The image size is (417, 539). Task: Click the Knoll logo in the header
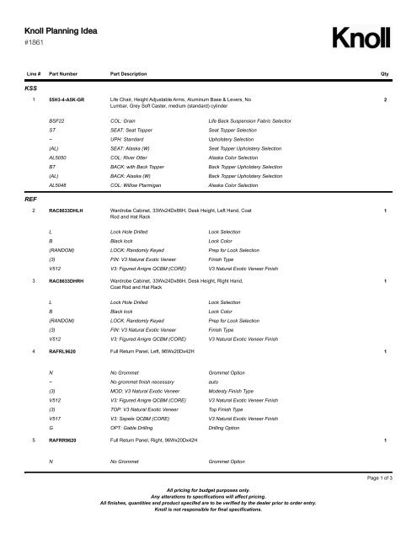click(x=362, y=40)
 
